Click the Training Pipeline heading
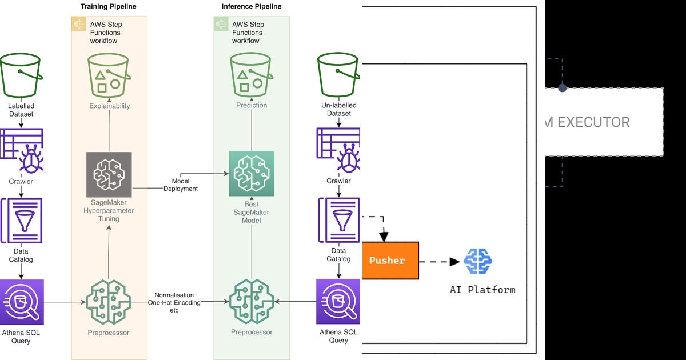(x=109, y=6)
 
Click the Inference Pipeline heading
(x=252, y=6)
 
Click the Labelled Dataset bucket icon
(x=21, y=77)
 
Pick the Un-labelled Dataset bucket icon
(x=338, y=77)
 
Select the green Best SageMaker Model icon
(x=252, y=174)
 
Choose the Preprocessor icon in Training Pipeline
(x=109, y=301)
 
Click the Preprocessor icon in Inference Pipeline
(x=252, y=301)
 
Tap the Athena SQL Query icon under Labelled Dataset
(x=21, y=302)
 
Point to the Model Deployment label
(x=181, y=185)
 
